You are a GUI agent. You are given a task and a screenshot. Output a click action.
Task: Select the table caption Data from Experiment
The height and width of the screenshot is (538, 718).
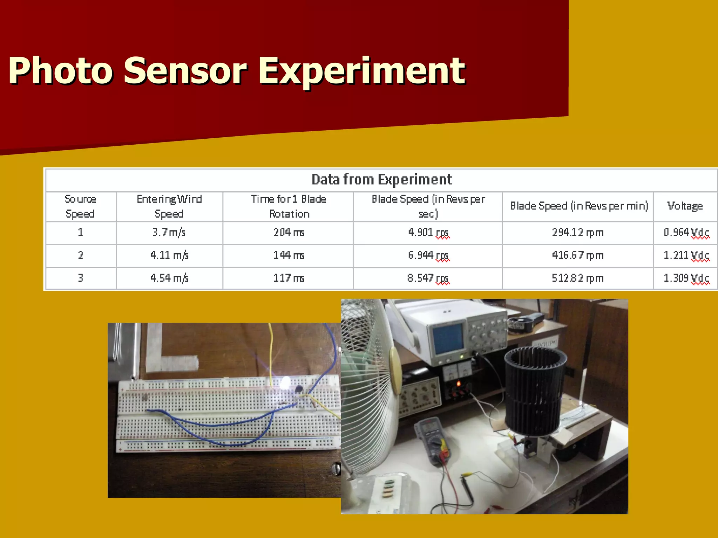[x=381, y=180]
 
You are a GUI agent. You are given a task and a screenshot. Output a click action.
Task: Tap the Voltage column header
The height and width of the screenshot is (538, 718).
[x=685, y=206]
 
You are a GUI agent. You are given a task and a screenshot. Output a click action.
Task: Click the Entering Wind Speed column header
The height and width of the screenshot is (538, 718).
[x=169, y=206]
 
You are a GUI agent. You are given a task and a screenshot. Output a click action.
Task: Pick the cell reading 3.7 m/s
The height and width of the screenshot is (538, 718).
[x=169, y=233]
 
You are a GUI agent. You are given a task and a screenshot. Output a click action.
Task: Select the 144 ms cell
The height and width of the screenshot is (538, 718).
[x=289, y=255]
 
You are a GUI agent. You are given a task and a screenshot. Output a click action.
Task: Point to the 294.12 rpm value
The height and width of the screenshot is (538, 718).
[x=577, y=233]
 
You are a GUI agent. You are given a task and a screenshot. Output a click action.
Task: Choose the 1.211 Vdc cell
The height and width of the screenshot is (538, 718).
[x=686, y=255]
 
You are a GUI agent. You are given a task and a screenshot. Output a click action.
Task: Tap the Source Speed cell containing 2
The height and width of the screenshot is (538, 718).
[x=81, y=255]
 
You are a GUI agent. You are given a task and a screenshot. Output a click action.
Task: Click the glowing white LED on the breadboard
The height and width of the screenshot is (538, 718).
[x=285, y=382]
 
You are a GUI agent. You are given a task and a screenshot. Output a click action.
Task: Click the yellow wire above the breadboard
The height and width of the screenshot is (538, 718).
[x=271, y=350]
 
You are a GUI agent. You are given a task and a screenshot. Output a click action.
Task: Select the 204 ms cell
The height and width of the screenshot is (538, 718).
[x=289, y=233]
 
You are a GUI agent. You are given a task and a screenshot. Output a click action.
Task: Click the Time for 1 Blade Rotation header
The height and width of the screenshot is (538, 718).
[x=289, y=206]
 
